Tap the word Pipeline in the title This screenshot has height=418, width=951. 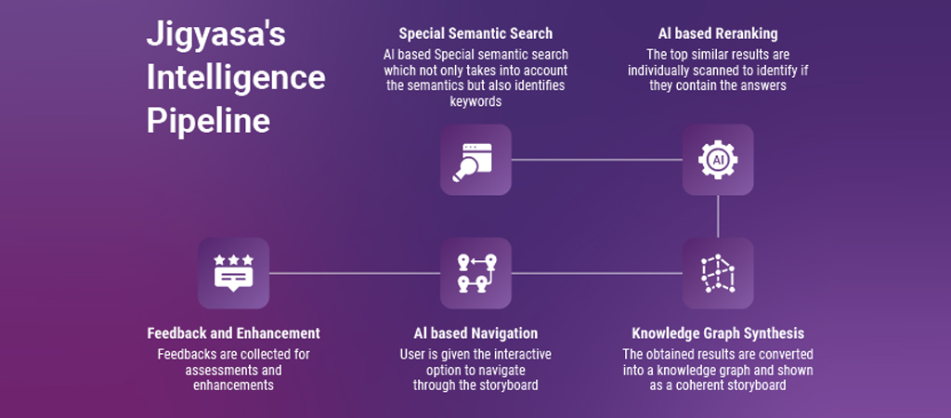208,122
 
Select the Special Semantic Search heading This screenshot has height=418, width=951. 475,34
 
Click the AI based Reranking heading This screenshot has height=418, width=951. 717,34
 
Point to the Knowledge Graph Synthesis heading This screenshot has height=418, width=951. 718,333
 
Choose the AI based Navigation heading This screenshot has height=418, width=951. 475,333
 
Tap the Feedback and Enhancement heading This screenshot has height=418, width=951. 233,333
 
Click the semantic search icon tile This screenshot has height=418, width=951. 475,160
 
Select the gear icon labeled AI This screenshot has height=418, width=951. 718,160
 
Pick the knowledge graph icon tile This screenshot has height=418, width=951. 718,273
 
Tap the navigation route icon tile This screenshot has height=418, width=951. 475,273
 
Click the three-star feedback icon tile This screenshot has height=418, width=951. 233,273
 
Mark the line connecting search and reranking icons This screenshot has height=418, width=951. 596,160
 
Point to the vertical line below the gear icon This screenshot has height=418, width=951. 718,216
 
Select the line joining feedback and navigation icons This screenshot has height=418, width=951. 354,273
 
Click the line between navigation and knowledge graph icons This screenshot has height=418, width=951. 596,273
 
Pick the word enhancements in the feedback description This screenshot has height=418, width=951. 233,384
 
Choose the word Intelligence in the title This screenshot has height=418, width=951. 236,79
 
